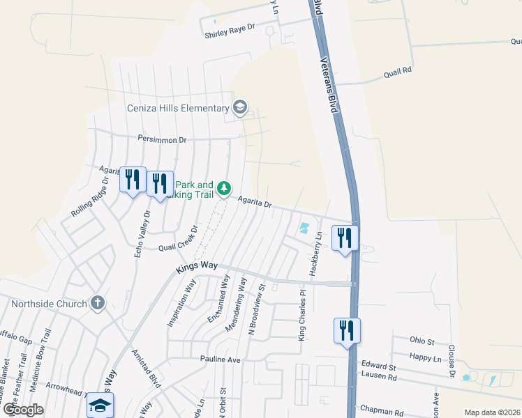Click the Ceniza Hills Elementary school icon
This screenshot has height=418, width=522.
[240, 107]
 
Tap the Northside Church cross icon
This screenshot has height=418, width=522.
[98, 303]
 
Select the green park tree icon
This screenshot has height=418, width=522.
[224, 188]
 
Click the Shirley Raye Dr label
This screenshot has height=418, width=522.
[230, 33]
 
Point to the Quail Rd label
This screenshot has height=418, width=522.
[398, 71]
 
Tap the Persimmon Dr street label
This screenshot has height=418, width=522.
[162, 139]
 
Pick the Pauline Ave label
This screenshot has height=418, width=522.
[220, 359]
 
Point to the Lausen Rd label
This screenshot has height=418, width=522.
[378, 376]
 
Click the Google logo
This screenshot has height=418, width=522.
[23, 410]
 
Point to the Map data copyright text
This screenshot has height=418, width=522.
[492, 412]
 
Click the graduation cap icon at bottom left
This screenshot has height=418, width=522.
[100, 405]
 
